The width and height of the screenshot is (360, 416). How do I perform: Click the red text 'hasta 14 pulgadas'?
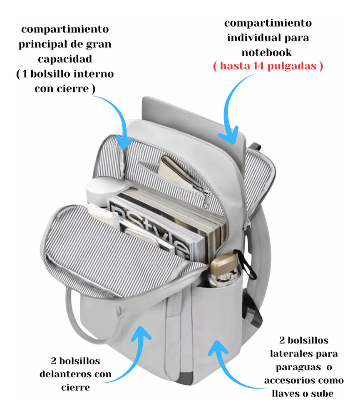click(x=268, y=66)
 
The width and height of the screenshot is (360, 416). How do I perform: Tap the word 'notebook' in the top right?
click(x=266, y=52)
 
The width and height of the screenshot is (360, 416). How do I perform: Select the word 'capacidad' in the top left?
click(x=65, y=59)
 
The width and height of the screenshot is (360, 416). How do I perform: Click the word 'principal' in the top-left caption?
click(x=42, y=45)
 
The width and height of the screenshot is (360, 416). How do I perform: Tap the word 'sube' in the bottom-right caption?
click(x=322, y=394)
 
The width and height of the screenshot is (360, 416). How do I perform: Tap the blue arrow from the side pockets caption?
click(x=226, y=371)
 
